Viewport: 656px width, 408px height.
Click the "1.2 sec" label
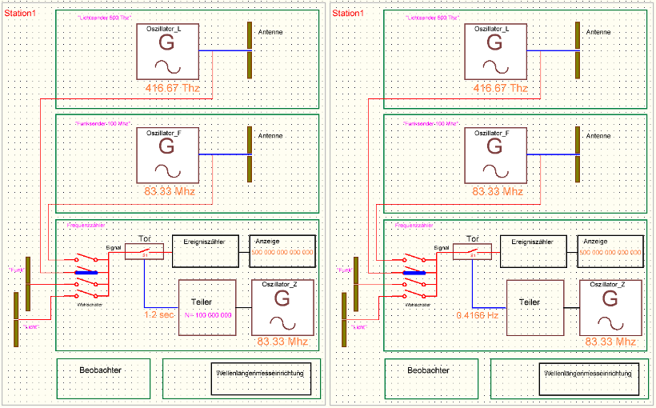click(159, 315)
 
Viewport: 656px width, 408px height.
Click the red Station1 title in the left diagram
click(22, 14)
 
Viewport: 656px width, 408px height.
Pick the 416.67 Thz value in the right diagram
click(500, 88)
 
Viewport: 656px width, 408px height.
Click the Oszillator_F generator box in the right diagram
click(495, 154)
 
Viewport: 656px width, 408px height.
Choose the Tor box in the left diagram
click(145, 251)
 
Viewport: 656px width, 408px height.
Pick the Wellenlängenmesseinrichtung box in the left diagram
click(262, 377)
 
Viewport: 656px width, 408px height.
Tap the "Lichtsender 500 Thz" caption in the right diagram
click(432, 18)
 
